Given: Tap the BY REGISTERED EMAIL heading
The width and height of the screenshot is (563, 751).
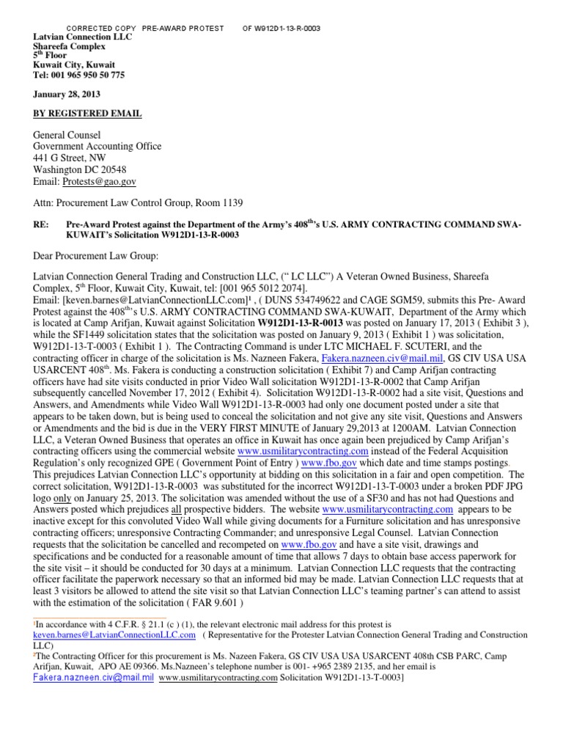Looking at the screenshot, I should point(87,114).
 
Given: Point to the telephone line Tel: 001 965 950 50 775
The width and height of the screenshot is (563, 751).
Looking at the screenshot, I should point(79,75).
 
